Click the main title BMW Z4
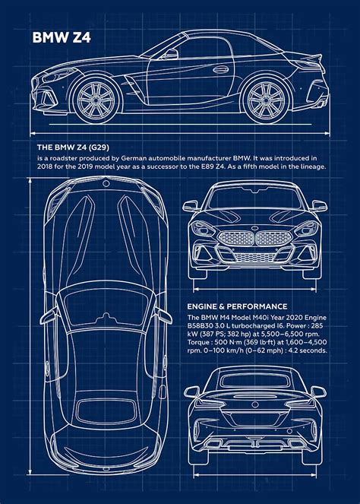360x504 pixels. pyautogui.click(x=62, y=37)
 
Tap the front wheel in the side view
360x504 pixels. pyautogui.click(x=96, y=100)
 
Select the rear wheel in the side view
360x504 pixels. pyautogui.click(x=267, y=100)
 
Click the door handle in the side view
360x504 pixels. pyautogui.click(x=221, y=69)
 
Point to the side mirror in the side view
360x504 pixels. pyautogui.click(x=170, y=54)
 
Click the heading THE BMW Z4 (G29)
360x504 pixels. pyautogui.click(x=73, y=147)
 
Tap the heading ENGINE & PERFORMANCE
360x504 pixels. pyautogui.click(x=237, y=306)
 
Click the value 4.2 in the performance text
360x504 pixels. pyautogui.click(x=294, y=350)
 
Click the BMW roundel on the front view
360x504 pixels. pyautogui.click(x=254, y=228)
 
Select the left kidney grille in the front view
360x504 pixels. pyautogui.click(x=235, y=239)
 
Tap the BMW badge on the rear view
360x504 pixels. pyautogui.click(x=255, y=404)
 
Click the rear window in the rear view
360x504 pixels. pyautogui.click(x=255, y=381)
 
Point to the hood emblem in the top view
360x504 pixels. pyautogui.click(x=106, y=184)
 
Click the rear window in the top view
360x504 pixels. pyautogui.click(x=107, y=411)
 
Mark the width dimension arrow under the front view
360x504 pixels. pyautogui.click(x=254, y=290)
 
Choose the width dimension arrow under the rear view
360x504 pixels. pyautogui.click(x=255, y=475)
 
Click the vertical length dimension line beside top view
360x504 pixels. pyautogui.click(x=30, y=326)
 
